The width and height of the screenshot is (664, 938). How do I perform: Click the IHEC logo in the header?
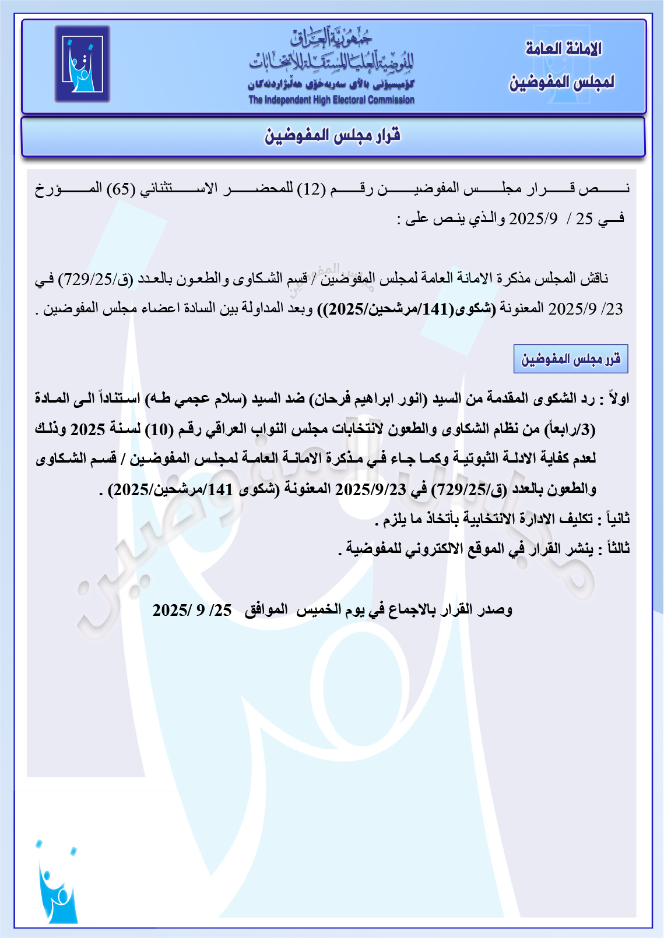pyautogui.click(x=82, y=64)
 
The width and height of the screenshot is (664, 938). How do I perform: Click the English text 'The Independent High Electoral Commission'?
pyautogui.click(x=331, y=100)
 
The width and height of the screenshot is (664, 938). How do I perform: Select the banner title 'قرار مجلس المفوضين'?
pyautogui.click(x=333, y=136)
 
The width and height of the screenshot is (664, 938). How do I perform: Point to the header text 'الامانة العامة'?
pyautogui.click(x=563, y=49)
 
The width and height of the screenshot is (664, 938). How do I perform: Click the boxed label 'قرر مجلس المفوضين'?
pyautogui.click(x=571, y=359)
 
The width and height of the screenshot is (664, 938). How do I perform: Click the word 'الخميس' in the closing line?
pyautogui.click(x=318, y=610)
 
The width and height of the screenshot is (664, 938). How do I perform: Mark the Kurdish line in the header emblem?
pyautogui.click(x=331, y=85)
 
